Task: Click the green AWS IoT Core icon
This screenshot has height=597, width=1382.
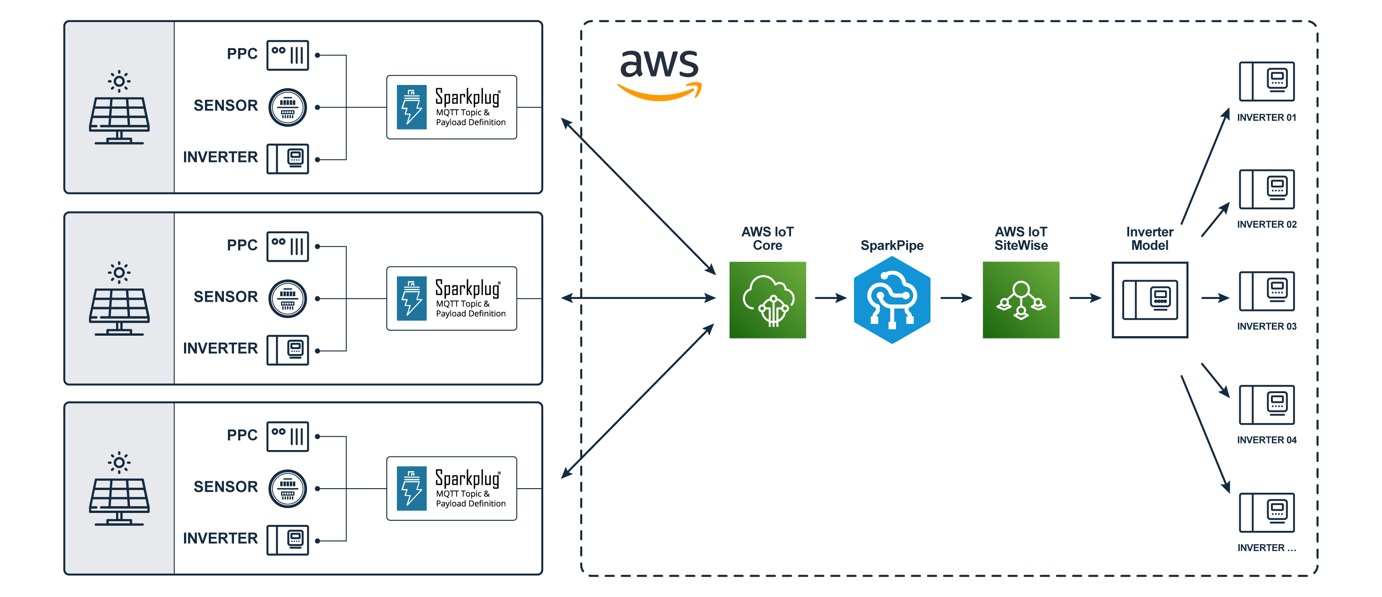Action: click(x=767, y=299)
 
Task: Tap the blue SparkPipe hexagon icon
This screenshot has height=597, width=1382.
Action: click(x=892, y=299)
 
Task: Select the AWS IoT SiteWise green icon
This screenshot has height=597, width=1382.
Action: click(x=1020, y=299)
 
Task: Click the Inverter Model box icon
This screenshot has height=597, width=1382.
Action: click(x=1150, y=299)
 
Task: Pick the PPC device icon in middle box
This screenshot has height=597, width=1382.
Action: click(x=288, y=247)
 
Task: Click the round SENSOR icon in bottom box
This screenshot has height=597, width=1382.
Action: click(x=288, y=489)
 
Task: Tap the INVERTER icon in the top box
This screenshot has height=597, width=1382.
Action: click(x=288, y=159)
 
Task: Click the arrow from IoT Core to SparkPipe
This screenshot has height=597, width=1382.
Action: click(x=830, y=298)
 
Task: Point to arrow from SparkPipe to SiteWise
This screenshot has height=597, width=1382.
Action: click(x=956, y=298)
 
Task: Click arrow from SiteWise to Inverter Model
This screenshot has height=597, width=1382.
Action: click(x=1085, y=298)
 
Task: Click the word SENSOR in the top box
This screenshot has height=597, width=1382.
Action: click(x=225, y=106)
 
